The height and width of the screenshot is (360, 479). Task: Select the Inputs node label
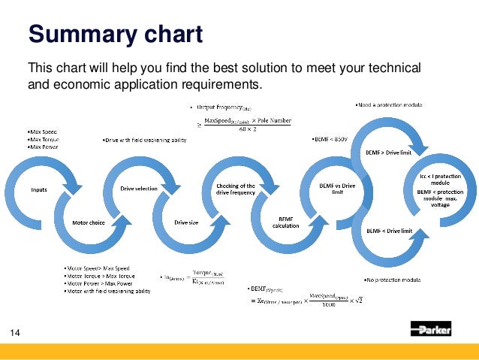tap(39, 189)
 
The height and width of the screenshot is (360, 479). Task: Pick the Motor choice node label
tap(88, 223)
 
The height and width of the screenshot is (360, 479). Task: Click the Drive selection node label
tap(140, 189)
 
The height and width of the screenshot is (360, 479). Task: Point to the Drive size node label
tap(186, 222)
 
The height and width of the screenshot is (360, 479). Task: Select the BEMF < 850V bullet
tap(328, 140)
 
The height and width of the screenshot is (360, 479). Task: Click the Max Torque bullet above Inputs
tap(43, 139)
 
